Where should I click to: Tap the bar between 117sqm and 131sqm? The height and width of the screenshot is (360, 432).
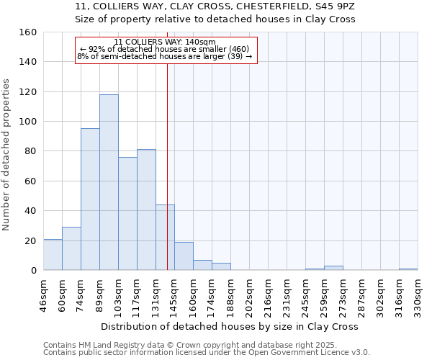click(146, 210)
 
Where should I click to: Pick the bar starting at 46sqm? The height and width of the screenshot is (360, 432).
click(53, 255)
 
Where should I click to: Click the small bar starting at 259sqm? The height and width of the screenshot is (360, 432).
click(333, 268)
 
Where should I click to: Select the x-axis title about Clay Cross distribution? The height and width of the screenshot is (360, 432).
click(230, 326)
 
